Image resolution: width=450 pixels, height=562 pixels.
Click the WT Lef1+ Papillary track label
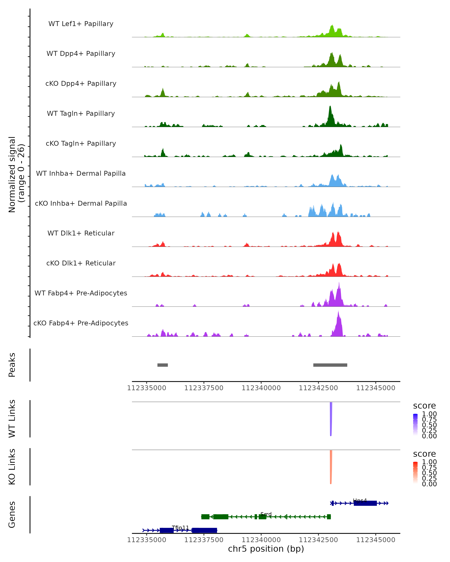tap(81, 24)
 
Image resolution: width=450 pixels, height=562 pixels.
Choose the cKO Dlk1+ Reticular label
tap(81, 263)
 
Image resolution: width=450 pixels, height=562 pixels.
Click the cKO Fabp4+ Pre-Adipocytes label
tap(81, 323)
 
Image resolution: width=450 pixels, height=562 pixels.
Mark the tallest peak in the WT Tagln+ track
tap(330, 107)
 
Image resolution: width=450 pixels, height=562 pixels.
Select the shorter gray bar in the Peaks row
tap(163, 365)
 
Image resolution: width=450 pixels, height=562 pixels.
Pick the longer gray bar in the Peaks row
tap(330, 365)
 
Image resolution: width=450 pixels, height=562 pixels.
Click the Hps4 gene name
tap(360, 501)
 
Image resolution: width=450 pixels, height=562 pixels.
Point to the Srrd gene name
tap(266, 514)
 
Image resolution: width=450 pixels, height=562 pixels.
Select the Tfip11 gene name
tap(180, 528)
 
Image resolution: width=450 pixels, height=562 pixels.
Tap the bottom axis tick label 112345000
tap(376, 540)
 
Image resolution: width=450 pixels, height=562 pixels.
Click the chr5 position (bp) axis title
tap(266, 549)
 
